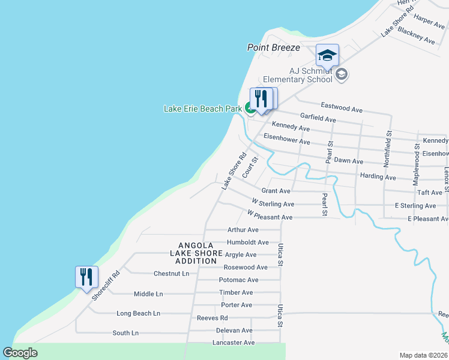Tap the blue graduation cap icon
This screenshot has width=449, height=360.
coord(327,56)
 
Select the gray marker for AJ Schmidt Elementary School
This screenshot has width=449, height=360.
coord(342,75)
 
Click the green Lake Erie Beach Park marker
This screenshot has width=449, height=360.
coord(249,109)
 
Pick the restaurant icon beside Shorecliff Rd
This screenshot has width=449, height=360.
coord(86,277)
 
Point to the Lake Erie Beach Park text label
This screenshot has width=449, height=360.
coord(203,109)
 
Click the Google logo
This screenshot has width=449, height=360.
coord(20,353)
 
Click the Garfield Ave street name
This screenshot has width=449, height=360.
coord(318,118)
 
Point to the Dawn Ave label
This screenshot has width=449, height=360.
coord(349,161)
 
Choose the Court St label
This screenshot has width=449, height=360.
coord(250,168)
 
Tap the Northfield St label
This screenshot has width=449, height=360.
coord(389,149)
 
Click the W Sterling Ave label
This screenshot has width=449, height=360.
coord(273,203)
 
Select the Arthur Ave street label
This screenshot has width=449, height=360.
coord(243,230)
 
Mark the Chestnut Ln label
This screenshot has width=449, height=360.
coord(171,274)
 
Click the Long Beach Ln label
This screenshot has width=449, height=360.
coord(138,313)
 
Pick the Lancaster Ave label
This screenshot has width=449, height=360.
coord(234,343)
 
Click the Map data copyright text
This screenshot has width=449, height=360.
coord(423,355)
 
